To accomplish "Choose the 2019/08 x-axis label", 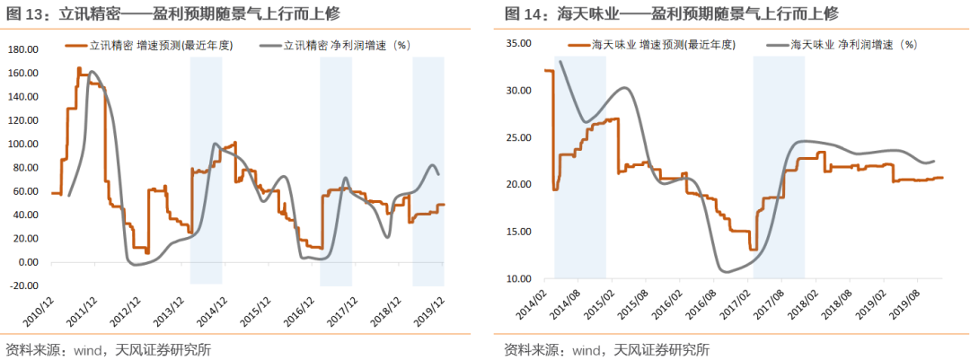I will pos(911,302).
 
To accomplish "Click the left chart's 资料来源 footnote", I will pos(108,349).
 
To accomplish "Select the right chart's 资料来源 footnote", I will pos(606,349).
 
